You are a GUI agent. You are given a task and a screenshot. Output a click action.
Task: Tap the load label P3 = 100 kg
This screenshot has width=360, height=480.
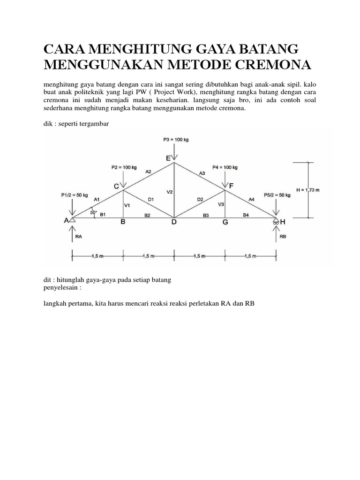coord(175,140)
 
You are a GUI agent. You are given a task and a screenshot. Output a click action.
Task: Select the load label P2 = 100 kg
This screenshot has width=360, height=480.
coord(124,167)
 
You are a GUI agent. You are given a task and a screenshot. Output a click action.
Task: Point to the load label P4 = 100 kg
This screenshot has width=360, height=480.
coord(225,167)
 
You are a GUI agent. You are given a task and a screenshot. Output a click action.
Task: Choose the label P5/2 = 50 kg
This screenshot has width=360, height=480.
coord(277,195)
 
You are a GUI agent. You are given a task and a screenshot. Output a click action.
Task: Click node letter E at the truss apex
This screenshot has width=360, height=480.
coord(168,159)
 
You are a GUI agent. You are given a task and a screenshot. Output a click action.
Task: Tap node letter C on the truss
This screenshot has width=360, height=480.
coord(117,186)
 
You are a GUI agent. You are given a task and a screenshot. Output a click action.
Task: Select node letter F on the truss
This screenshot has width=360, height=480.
coord(231,186)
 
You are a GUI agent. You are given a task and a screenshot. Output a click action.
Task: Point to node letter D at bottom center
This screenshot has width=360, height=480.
coord(174,223)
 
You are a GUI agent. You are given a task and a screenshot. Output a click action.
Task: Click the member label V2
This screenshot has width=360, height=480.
coord(170,192)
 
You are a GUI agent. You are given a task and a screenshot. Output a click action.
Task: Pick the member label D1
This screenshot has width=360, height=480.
coord(151,200)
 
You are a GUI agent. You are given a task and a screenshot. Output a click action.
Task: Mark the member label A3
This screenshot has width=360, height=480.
coord(202,173)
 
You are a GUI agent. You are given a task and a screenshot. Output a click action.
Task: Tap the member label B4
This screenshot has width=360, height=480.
coord(246,215)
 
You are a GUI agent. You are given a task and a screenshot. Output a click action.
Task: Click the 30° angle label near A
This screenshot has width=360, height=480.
coord(93,212)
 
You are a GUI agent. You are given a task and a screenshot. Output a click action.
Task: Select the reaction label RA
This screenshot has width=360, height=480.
coord(79,237)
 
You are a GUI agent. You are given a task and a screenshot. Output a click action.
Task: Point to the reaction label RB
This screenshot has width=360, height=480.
coord(283,237)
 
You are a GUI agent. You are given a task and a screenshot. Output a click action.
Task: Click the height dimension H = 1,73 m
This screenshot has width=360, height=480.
coord(322,189)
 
